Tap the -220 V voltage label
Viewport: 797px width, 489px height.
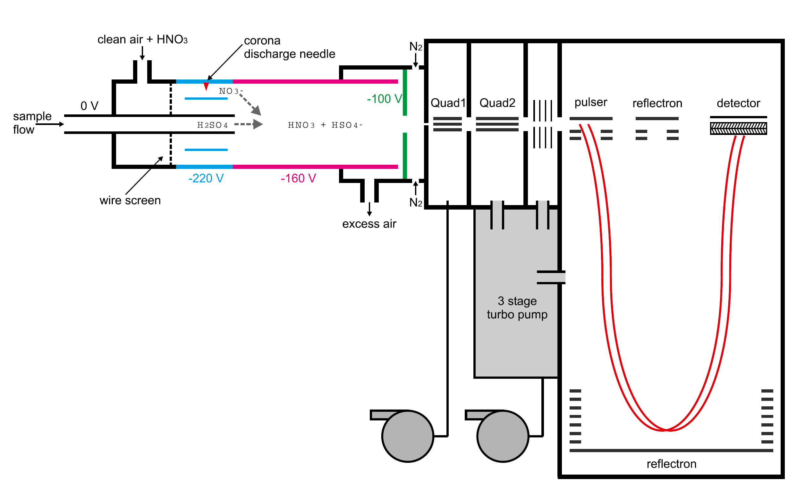206,178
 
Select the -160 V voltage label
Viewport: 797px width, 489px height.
298,178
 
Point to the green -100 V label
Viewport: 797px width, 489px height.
385,99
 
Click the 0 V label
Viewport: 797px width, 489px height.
89,106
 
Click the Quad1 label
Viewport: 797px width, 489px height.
448,103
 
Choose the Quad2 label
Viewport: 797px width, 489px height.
497,103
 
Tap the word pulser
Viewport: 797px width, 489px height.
591,103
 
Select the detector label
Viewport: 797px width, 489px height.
738,104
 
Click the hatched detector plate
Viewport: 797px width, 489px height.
738,128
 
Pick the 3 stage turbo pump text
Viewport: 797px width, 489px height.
517,308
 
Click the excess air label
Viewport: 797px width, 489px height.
369,224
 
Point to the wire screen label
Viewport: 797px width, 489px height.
130,201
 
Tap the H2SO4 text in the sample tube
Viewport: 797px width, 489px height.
213,125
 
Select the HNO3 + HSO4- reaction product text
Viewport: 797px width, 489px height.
325,125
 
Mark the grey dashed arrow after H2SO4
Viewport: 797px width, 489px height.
249,124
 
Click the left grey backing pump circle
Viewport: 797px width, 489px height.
408,436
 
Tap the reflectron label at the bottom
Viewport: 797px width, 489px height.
672,464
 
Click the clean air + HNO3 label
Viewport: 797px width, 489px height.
143,39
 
